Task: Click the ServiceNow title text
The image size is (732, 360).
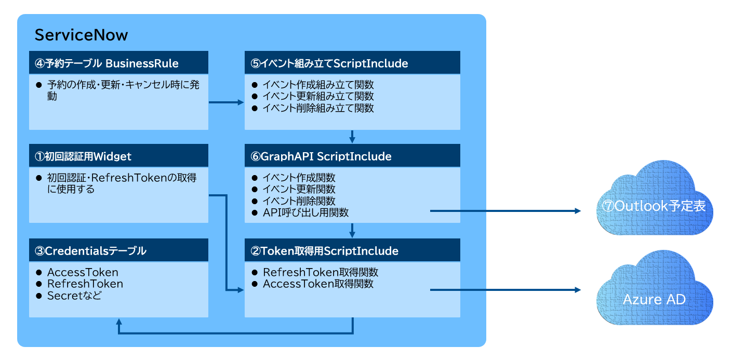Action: (81, 35)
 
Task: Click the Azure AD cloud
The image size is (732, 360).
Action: (654, 299)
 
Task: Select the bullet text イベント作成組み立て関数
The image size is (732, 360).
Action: (318, 85)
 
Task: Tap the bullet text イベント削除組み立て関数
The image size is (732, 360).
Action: (318, 108)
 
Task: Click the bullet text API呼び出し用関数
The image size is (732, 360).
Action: (305, 212)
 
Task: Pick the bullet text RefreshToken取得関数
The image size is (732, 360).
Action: (321, 272)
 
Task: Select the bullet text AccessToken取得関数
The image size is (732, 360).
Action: (318, 284)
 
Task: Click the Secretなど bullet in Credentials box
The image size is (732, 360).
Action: (74, 296)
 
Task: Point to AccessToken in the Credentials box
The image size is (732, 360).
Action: (83, 272)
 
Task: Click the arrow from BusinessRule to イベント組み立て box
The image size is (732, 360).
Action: (226, 102)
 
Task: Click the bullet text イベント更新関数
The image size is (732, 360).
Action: (299, 189)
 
